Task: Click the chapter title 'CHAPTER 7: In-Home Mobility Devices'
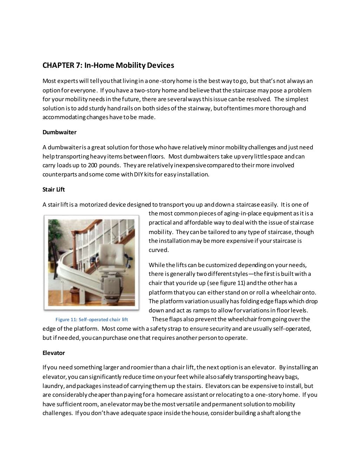click(x=108, y=65)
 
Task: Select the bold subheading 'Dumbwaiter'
click(x=59, y=132)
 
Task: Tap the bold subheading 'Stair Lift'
click(x=53, y=189)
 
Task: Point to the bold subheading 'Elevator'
click(x=53, y=352)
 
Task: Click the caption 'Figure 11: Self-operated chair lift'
click(x=92, y=319)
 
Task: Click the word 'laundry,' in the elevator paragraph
click(x=52, y=386)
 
